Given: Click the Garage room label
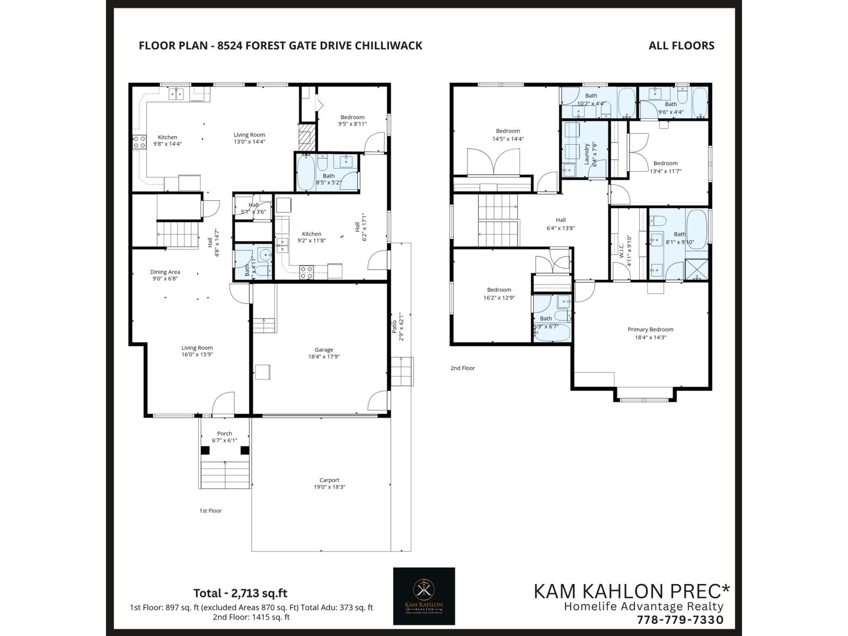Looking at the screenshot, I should (324, 350).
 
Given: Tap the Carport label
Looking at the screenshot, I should (329, 480).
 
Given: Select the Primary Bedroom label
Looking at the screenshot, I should (650, 330).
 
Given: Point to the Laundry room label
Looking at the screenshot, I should (587, 154).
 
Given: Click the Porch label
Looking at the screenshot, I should (224, 434).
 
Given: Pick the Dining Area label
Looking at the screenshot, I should (165, 272).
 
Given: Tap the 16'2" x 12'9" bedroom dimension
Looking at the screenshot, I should (499, 298).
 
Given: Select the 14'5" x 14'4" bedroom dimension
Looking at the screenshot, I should (508, 139).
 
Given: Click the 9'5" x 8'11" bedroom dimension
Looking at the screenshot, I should (352, 124).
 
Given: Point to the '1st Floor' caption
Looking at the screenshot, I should (210, 511).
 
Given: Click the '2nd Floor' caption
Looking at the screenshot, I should (463, 368).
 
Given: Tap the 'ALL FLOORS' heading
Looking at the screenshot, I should (681, 46).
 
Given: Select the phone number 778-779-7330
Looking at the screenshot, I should (680, 620).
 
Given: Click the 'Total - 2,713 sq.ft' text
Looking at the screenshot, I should (240, 593).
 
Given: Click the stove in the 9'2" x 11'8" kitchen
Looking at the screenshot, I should (306, 272).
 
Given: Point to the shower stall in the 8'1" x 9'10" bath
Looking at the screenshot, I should (696, 268).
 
